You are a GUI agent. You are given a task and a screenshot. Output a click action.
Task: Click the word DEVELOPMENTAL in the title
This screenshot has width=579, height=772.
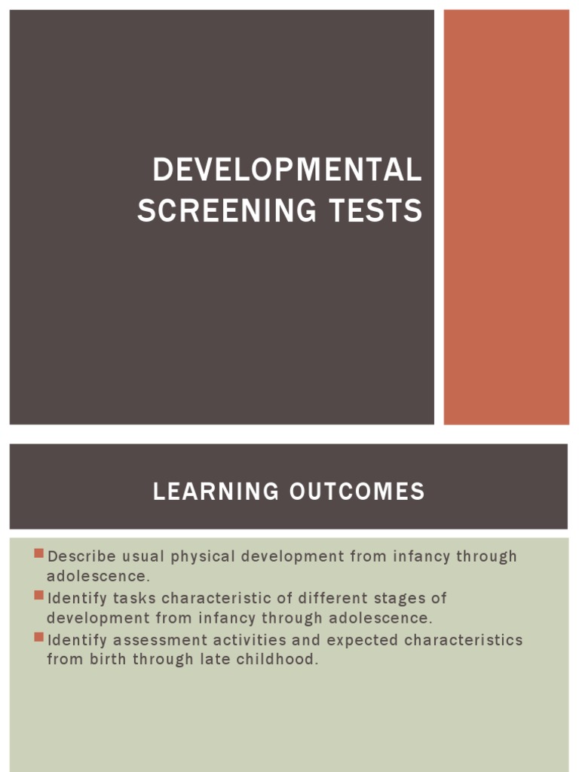pyautogui.click(x=286, y=170)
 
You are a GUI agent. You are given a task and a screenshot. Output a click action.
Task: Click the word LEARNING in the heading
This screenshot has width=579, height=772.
pyautogui.click(x=215, y=492)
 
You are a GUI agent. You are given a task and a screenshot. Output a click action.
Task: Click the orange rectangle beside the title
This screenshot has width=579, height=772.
pyautogui.click(x=506, y=217)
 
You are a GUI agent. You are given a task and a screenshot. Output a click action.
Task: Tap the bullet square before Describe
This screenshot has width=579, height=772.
pyautogui.click(x=39, y=554)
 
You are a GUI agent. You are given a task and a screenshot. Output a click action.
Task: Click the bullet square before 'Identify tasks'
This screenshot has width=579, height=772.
pyautogui.click(x=39, y=596)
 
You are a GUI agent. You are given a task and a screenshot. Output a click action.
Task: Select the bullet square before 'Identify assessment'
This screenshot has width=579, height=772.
pyautogui.click(x=39, y=637)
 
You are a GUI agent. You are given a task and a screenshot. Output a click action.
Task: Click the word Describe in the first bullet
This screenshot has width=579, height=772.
pyautogui.click(x=82, y=556)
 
